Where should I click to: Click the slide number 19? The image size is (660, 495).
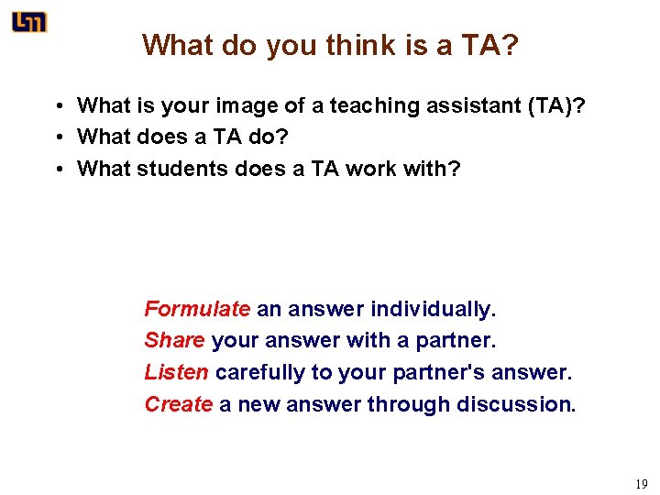click(641, 483)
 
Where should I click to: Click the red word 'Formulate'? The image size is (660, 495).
click(197, 309)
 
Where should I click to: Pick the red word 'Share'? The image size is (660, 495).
click(174, 341)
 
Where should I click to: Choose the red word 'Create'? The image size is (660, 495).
click(179, 404)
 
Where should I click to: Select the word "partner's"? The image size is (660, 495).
click(434, 373)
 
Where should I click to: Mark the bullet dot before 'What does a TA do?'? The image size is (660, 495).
click(58, 137)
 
